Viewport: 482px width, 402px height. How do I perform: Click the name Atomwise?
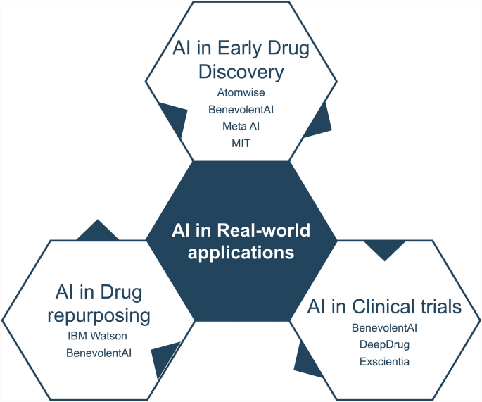[x=241, y=92]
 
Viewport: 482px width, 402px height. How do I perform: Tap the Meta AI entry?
[x=241, y=125]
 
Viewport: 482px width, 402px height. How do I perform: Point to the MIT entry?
[x=241, y=143]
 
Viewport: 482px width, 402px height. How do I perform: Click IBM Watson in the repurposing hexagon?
[x=99, y=336]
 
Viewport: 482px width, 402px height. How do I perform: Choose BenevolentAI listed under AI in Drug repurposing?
[x=99, y=351]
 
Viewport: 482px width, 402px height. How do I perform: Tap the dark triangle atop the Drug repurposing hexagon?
[x=98, y=231]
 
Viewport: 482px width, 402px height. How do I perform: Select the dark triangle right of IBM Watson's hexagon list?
[x=163, y=357]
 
